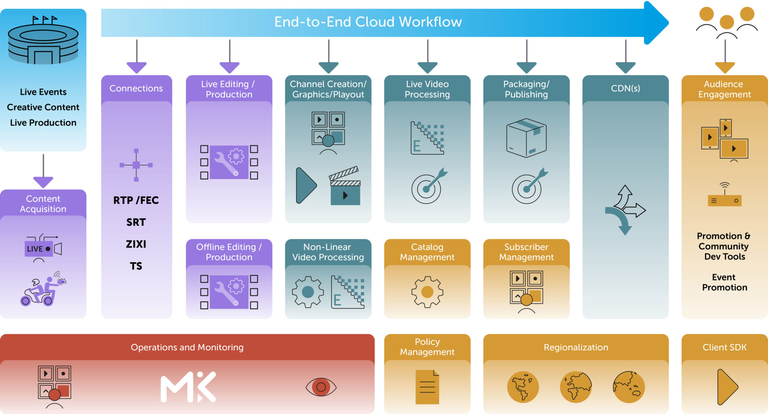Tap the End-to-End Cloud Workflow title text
click(x=368, y=22)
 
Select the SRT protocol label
click(x=136, y=222)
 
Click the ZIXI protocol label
click(x=136, y=244)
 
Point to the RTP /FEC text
click(x=136, y=200)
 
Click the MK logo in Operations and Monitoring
click(x=188, y=387)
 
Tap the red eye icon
click(x=321, y=387)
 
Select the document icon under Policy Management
click(x=427, y=387)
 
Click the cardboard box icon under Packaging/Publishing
click(x=526, y=138)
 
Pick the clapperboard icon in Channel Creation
click(x=345, y=186)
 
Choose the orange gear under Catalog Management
click(x=427, y=292)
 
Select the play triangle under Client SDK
click(x=727, y=387)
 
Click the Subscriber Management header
click(x=526, y=252)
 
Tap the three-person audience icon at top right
click(x=727, y=22)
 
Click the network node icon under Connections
click(x=136, y=165)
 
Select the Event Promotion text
click(x=724, y=282)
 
